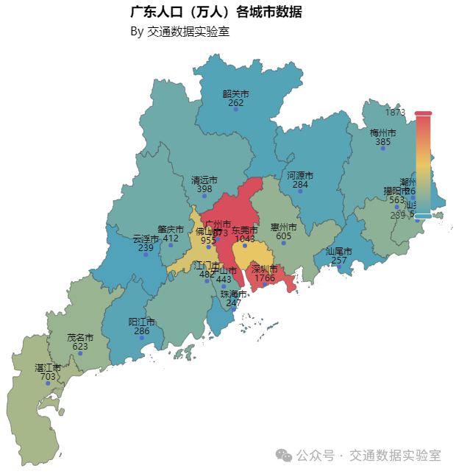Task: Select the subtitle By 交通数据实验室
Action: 180,32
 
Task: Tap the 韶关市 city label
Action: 236,94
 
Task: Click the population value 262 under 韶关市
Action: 236,103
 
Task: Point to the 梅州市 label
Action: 383,133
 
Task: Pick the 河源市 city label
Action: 300,176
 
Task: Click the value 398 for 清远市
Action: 204,189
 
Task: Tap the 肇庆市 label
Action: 171,229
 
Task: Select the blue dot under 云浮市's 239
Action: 146,255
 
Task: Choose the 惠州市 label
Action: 283,227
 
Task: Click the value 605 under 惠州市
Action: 283,236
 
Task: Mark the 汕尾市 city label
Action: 339,252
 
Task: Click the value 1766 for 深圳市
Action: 265,277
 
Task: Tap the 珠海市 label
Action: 234,294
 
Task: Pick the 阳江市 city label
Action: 142,322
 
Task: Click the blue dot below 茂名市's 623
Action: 80,353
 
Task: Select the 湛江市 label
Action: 48,367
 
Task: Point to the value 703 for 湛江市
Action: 48,376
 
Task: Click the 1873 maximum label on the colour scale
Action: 395,113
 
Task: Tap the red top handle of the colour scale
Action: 423,114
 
